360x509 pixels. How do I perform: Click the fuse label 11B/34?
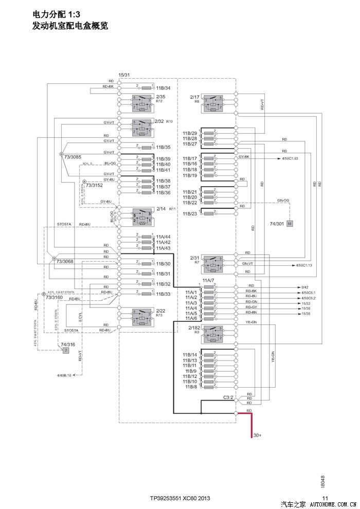[163, 88]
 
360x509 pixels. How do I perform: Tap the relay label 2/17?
[194, 97]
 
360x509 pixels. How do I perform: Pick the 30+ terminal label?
[257, 435]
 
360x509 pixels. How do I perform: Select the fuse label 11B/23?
[189, 213]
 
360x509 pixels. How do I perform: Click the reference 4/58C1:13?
[305, 265]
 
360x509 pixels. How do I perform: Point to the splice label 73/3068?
[65, 262]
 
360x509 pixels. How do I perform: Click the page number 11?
[325, 498]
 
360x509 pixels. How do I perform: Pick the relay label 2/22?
[160, 311]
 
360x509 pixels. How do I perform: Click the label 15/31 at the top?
[124, 75]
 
